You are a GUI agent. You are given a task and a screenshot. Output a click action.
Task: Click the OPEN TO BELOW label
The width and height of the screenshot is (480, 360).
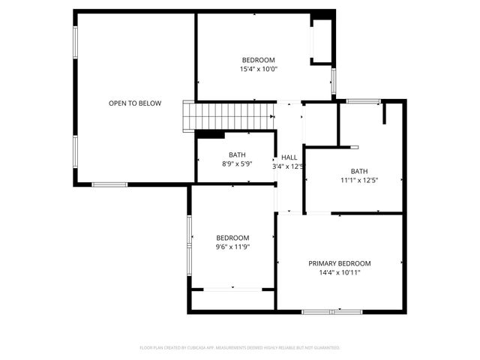[135, 103]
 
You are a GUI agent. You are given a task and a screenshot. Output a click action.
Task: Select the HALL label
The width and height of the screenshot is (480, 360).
[289, 157]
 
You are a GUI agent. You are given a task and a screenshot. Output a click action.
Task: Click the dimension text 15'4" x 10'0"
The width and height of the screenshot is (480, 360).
[258, 69]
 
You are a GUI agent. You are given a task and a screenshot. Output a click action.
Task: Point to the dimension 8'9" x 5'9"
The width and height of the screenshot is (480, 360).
[237, 163]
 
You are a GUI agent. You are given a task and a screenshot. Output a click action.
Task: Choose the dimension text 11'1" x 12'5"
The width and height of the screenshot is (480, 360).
[359, 180]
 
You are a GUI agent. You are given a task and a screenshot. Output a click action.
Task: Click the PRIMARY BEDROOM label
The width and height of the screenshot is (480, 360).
[340, 263]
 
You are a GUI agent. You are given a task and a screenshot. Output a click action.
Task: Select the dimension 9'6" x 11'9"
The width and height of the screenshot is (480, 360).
[232, 247]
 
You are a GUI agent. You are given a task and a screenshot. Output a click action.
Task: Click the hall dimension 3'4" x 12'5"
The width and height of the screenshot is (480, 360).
[289, 166]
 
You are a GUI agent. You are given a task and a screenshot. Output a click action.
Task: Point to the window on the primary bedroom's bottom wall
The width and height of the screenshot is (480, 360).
[338, 310]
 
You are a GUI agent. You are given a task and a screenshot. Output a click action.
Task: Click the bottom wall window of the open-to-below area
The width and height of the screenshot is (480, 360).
[109, 184]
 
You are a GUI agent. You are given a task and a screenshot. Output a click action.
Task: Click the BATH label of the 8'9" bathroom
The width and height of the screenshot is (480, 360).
[237, 154]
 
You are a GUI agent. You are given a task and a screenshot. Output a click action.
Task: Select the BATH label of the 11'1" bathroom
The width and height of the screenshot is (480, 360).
[359, 171]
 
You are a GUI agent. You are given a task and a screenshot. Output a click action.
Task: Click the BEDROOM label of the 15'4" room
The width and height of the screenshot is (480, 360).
[258, 60]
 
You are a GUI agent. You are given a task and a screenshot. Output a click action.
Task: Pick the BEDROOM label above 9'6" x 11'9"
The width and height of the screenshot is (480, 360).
[232, 238]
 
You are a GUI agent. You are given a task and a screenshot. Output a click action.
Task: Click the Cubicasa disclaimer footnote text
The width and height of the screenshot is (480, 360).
[240, 348]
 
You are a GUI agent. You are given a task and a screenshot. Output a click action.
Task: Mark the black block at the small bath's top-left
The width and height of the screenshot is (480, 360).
[211, 135]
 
